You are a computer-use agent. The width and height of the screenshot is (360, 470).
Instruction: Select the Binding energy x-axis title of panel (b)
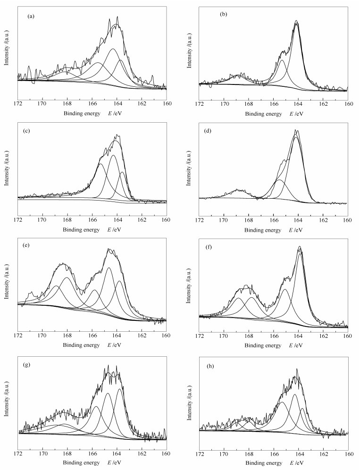point(260,114)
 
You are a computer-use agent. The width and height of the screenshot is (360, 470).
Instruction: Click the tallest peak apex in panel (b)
point(296,21)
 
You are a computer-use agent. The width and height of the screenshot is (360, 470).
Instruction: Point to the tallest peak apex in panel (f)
point(300,246)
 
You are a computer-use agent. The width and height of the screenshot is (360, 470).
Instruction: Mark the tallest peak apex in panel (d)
point(296,130)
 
